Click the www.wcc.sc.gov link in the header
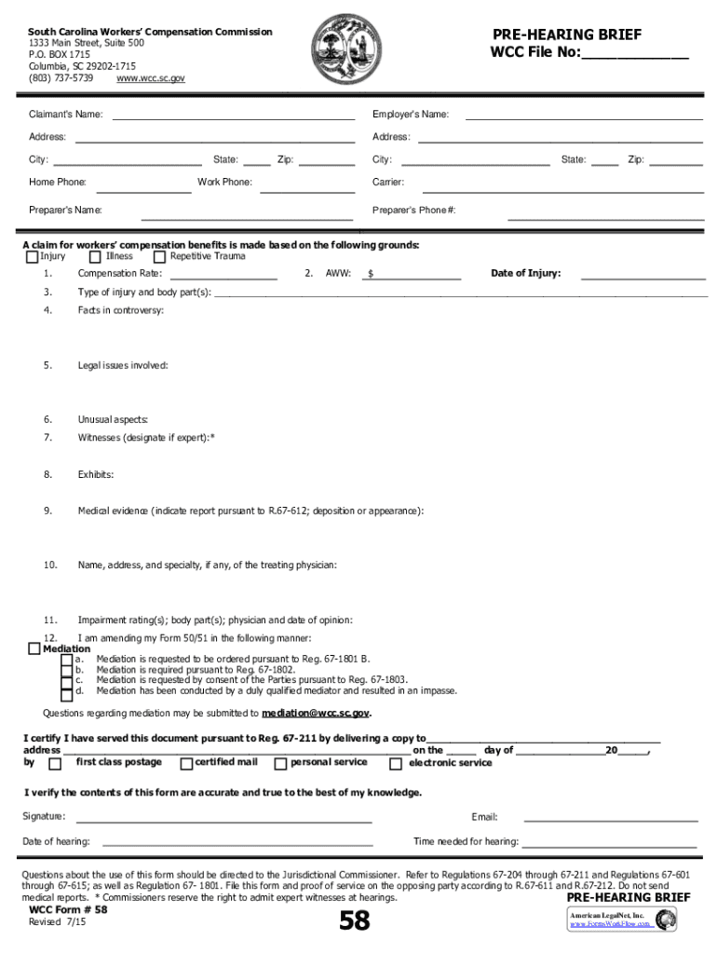(x=150, y=79)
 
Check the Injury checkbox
(x=33, y=257)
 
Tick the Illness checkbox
(x=95, y=257)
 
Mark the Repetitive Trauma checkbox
(x=160, y=257)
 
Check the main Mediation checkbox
(x=34, y=649)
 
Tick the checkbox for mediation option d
(x=66, y=693)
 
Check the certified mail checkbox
(x=186, y=764)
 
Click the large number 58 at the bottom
(x=354, y=921)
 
